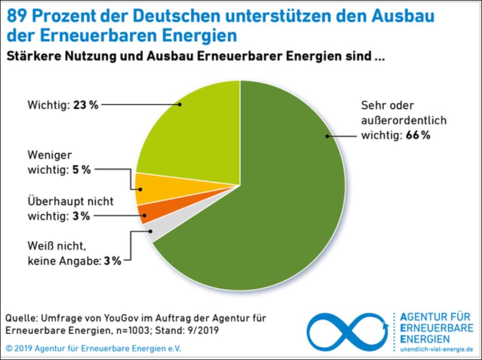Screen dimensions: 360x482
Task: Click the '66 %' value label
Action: (x=418, y=136)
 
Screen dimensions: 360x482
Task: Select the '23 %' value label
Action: (x=86, y=105)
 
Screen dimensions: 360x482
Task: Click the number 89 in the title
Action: (x=17, y=16)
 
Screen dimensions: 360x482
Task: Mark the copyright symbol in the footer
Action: (x=9, y=348)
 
